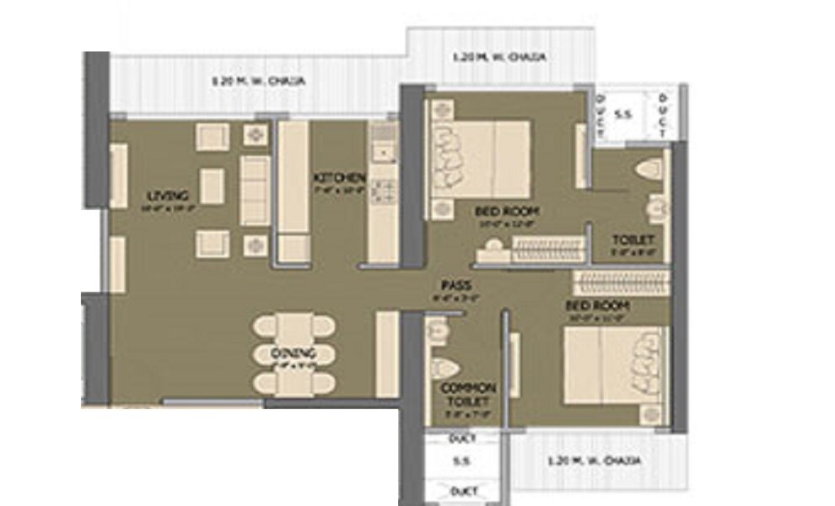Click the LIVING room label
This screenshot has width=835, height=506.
pos(164,196)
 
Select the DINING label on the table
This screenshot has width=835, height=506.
pos(294,353)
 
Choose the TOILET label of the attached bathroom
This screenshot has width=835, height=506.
pos(633,240)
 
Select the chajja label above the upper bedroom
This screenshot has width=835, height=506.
pos(502,58)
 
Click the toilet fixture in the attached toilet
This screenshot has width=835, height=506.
pos(648,170)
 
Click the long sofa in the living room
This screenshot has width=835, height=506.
pos(256,190)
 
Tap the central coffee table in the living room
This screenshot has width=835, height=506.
pos(212,186)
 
